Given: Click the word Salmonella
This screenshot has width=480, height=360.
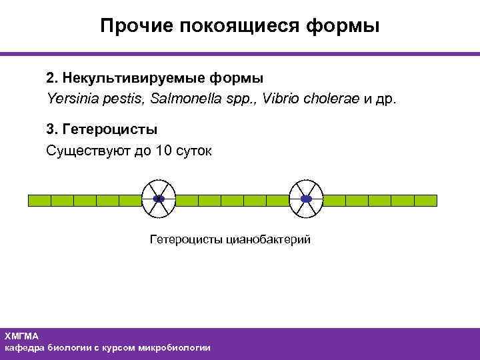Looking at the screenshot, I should [185, 99].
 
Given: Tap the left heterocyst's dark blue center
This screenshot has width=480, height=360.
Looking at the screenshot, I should [159, 199].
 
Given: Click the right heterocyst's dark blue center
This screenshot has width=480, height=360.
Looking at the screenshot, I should [306, 199].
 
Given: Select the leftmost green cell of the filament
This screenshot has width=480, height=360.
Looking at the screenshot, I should [39, 199].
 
